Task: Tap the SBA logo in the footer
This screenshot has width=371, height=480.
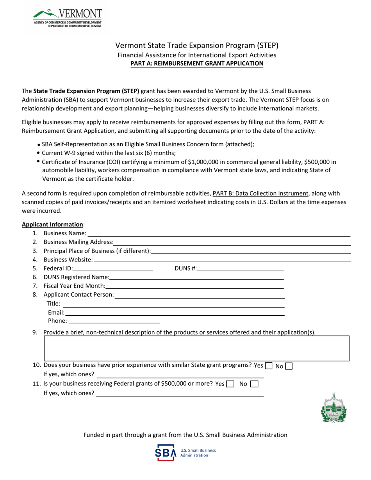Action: (185, 453)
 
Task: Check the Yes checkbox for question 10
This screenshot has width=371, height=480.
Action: (269, 366)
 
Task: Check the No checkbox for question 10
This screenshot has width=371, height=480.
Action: (289, 366)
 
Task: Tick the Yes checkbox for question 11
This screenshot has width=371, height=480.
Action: (230, 384)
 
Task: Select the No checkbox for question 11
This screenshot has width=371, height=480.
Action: (254, 384)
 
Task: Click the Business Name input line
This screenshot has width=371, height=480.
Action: (219, 234)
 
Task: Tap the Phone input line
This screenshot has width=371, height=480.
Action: (114, 321)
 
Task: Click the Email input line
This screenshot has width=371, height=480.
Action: (175, 313)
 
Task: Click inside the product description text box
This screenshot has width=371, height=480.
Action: (197, 348)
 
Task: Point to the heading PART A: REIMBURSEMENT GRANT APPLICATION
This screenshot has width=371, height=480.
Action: (197, 63)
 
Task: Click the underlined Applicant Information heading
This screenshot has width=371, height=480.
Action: (52, 224)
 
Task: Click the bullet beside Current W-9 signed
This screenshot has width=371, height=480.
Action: (38, 153)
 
